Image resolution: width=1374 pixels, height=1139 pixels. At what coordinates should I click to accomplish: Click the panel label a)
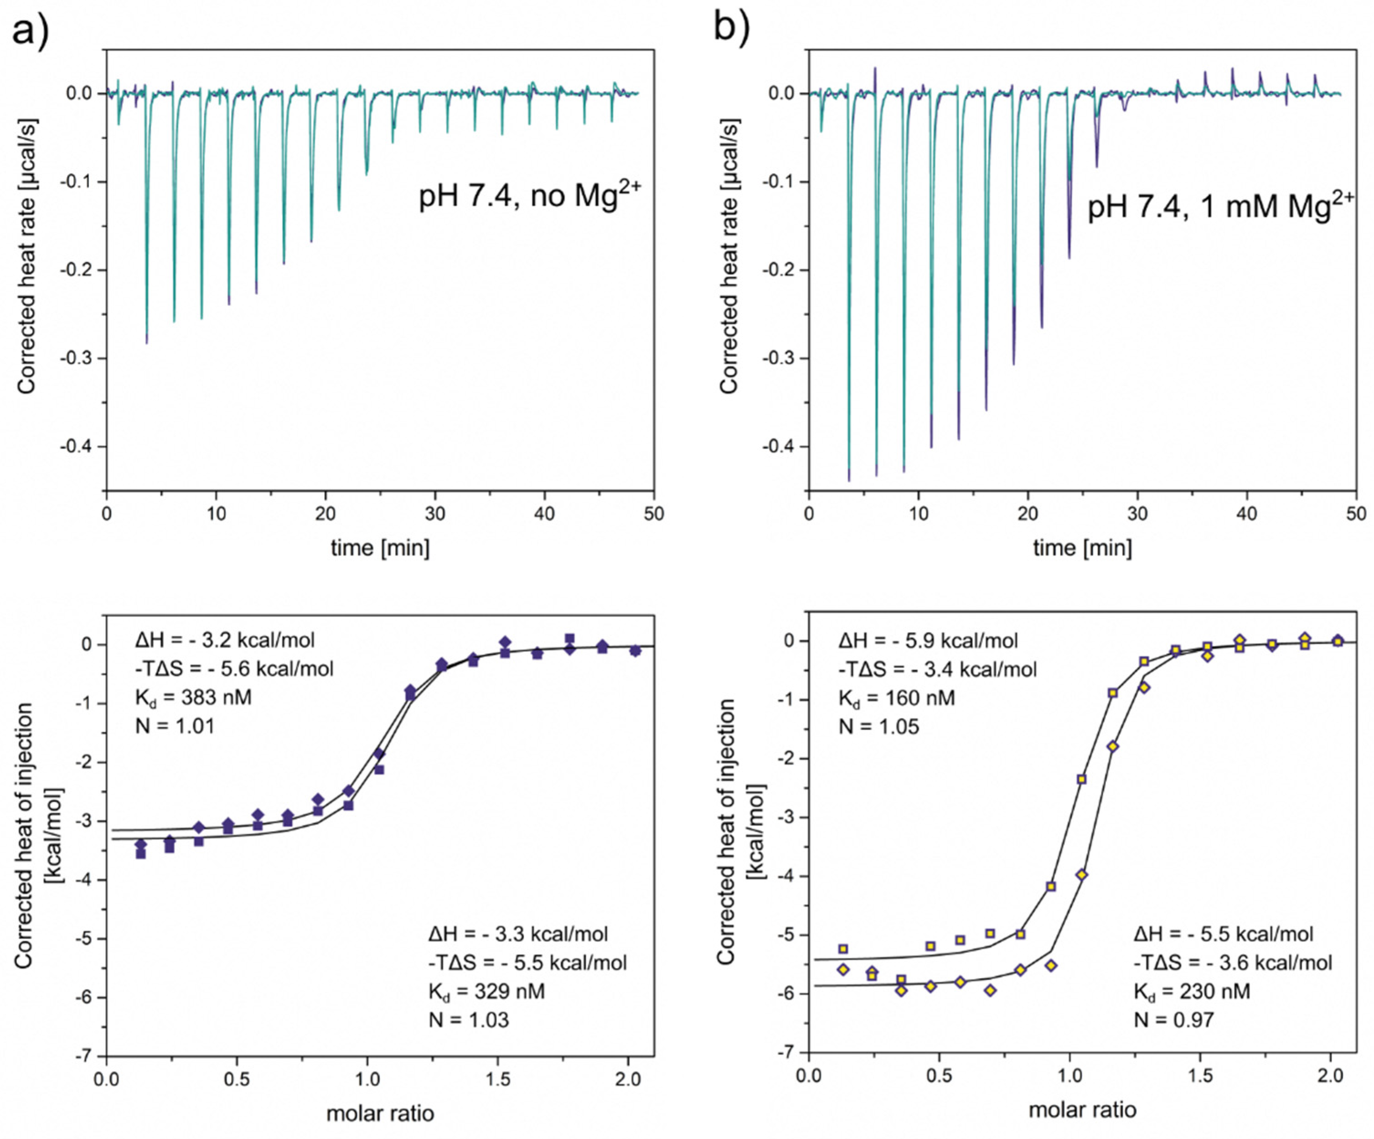tap(30, 30)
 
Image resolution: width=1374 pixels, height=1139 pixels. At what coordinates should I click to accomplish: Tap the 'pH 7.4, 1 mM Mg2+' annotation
tap(1220, 206)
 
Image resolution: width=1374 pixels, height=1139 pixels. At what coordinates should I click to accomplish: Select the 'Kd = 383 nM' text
tap(193, 698)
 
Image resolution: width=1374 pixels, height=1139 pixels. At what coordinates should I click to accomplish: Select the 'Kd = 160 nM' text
tap(896, 698)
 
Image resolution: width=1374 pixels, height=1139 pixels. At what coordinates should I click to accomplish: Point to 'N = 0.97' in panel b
tap(1174, 1020)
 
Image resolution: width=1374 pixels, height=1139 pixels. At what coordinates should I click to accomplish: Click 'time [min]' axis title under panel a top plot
tap(380, 547)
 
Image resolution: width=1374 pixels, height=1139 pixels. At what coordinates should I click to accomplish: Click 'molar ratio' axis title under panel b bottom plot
tap(1082, 1109)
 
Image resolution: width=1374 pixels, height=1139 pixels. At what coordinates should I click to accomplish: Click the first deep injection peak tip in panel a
tap(146, 341)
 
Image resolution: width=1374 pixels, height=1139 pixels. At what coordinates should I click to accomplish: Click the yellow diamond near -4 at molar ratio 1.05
tap(1081, 874)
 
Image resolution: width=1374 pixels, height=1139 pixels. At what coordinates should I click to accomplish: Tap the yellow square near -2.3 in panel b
tap(1081, 779)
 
